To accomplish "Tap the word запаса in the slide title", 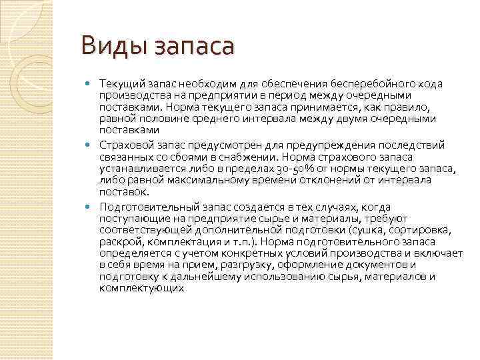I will [194, 48].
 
